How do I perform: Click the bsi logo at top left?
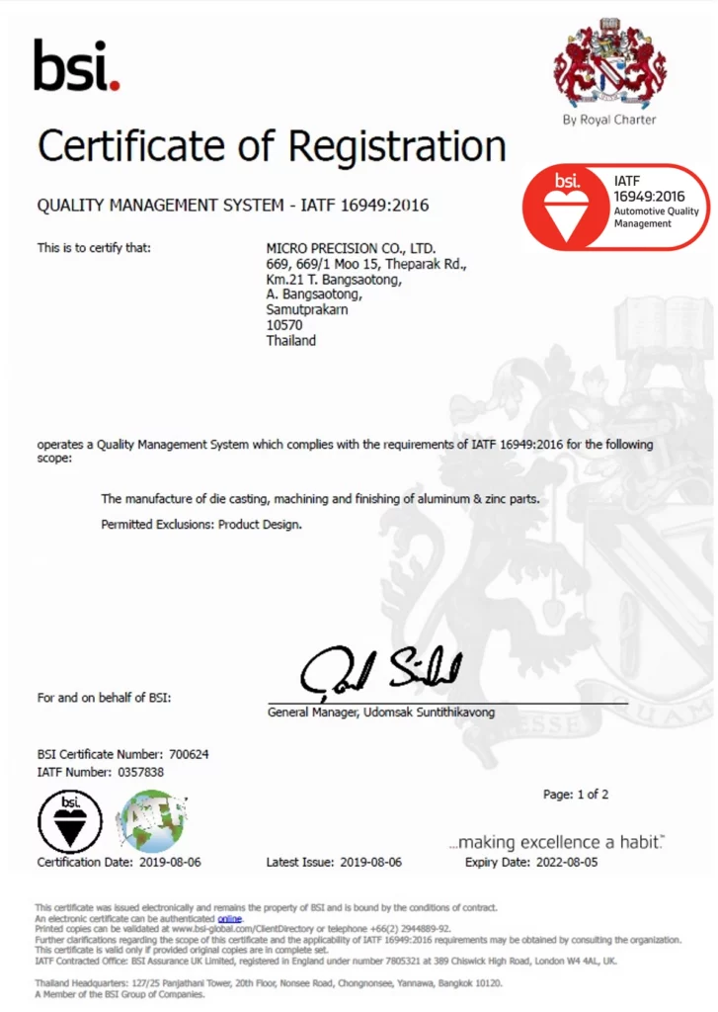(77, 65)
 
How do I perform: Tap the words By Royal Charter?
(608, 120)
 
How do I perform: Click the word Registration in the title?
(390, 146)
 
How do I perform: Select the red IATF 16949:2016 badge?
(615, 207)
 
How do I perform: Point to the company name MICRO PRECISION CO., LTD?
(351, 248)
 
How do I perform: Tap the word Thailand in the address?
(291, 341)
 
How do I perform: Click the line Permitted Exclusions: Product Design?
(201, 524)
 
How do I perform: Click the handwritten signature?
(381, 672)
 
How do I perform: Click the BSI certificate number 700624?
(190, 755)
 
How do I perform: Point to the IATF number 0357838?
(141, 772)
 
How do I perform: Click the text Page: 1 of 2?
(576, 795)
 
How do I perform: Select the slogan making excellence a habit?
(556, 842)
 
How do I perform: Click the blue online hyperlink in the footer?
(229, 918)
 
